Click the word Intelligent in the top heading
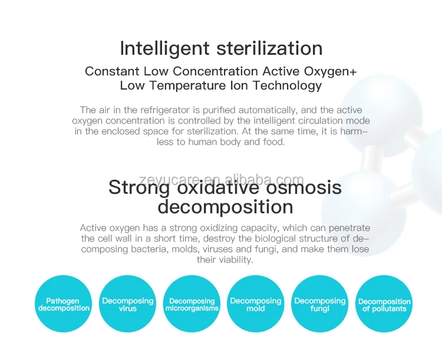coord(164,49)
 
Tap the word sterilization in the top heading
coord(269,48)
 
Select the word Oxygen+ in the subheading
coord(330,72)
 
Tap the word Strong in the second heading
coord(139,188)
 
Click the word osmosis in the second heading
coord(304,187)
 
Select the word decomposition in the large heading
coord(225,207)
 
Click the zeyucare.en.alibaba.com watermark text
coord(222,180)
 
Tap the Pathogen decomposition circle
coord(64,304)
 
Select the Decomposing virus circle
coord(127,304)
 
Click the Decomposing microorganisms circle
coord(192,304)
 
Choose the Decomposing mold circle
coord(255,304)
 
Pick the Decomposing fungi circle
coord(319,304)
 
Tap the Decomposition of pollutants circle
coord(384,304)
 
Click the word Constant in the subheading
coord(112,71)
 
